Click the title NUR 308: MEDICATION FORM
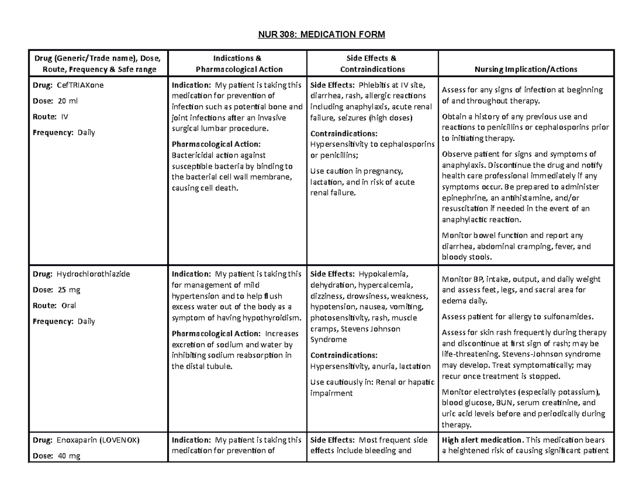[x=321, y=35]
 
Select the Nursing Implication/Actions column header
[x=527, y=69]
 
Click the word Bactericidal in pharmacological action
[x=193, y=155]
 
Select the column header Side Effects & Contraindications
[x=372, y=64]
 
